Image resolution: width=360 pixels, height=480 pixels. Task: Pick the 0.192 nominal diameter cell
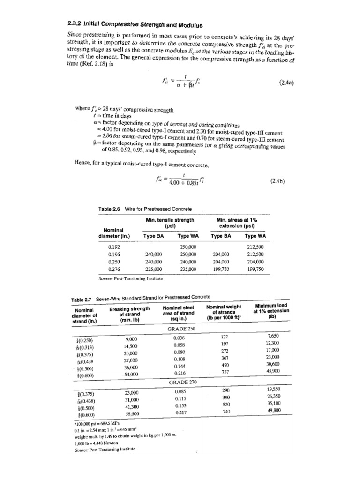click(115, 246)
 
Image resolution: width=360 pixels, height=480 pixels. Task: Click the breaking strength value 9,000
click(131, 338)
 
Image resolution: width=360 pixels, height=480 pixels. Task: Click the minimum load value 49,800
click(274, 410)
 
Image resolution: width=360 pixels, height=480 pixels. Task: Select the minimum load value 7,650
click(274, 336)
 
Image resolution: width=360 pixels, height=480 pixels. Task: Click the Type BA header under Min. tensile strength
click(154, 236)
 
